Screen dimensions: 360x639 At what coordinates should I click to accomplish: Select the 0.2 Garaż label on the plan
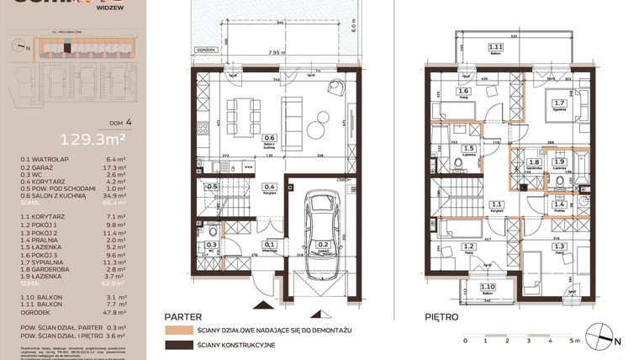click(x=322, y=247)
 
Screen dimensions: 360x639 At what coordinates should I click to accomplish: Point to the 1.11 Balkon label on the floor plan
click(x=496, y=49)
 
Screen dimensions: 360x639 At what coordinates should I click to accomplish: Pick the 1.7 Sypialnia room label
click(x=557, y=107)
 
